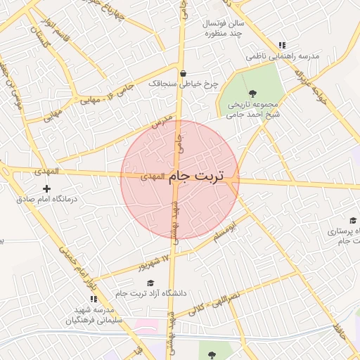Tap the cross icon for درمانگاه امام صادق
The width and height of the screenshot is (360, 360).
coord(47,188)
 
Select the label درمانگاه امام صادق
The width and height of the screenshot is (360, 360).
coord(47,199)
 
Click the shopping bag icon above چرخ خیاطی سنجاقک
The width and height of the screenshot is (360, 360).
coord(184,73)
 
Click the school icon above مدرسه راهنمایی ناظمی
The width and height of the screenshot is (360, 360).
coord(282,45)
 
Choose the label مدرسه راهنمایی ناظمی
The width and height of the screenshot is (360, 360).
coord(283,56)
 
